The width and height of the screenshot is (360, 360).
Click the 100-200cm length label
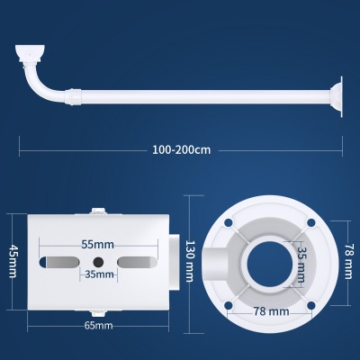[x=182, y=149]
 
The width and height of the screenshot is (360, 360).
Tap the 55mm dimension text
[x=98, y=245]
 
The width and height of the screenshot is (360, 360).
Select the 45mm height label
[x=13, y=261]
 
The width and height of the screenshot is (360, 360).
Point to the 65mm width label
[x=98, y=326]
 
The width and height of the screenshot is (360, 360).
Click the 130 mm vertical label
[x=190, y=261]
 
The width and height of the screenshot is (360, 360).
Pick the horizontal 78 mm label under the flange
[x=272, y=311]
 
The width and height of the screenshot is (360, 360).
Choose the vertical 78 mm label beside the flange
[x=348, y=261]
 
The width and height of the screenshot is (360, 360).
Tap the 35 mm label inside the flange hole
[x=301, y=265]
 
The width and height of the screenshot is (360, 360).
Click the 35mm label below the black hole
[x=99, y=274]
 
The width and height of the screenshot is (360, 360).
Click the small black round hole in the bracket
[x=98, y=263]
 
